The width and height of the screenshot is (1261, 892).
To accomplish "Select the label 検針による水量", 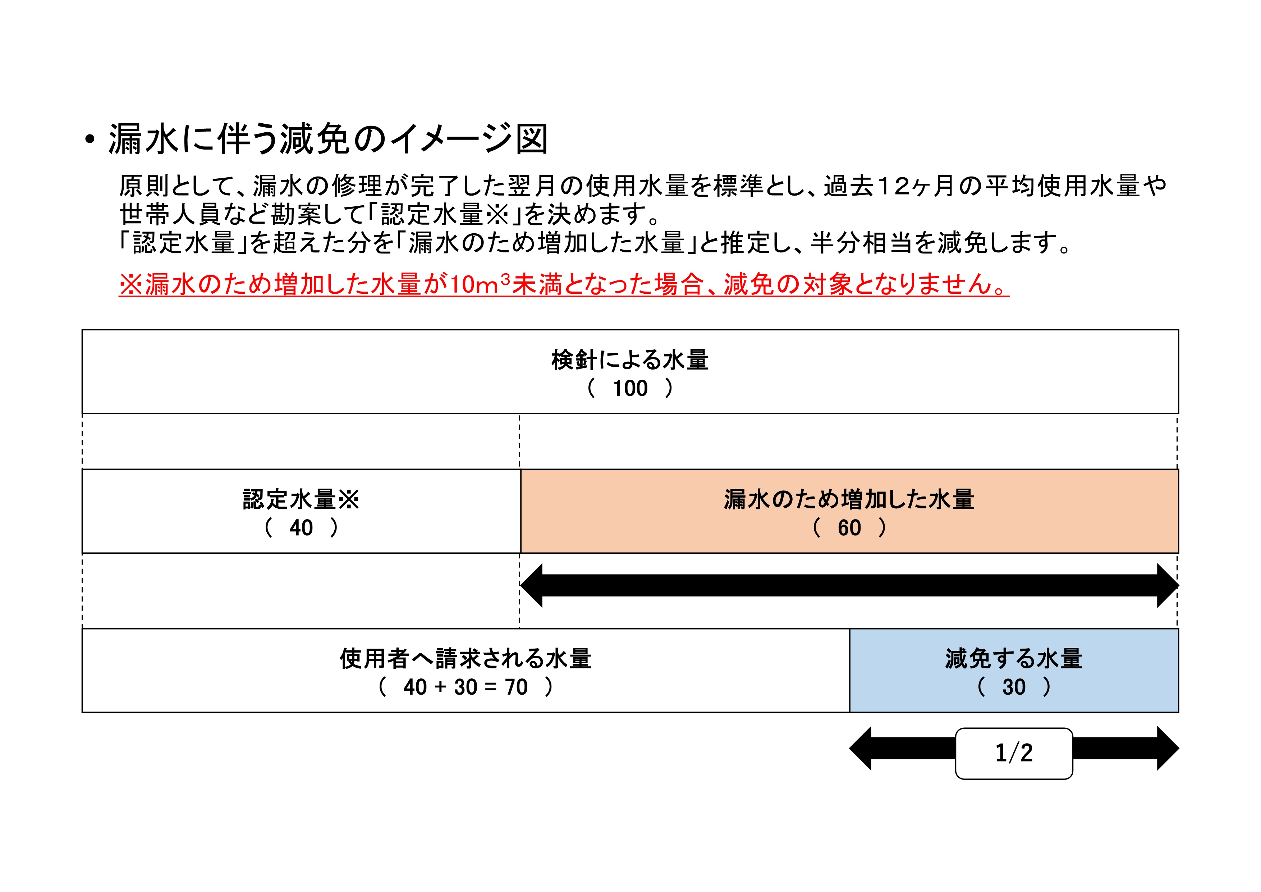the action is (x=630, y=360).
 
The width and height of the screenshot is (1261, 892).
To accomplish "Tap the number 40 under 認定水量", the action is (x=301, y=528).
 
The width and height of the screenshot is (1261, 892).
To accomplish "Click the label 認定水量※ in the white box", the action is (x=301, y=500).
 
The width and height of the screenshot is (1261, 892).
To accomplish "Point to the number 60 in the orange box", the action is (x=849, y=528).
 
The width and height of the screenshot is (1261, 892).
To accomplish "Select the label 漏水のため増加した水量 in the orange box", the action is (x=849, y=500).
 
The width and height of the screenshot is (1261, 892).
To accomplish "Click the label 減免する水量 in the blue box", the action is (x=1014, y=659).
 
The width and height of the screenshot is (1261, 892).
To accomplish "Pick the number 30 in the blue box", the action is (x=1014, y=687).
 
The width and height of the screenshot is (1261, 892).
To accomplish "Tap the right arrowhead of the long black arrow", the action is (x=1168, y=586).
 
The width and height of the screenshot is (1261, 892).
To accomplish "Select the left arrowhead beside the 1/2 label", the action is (x=860, y=749).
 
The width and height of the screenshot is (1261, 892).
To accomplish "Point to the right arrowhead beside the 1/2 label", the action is (x=1168, y=749).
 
